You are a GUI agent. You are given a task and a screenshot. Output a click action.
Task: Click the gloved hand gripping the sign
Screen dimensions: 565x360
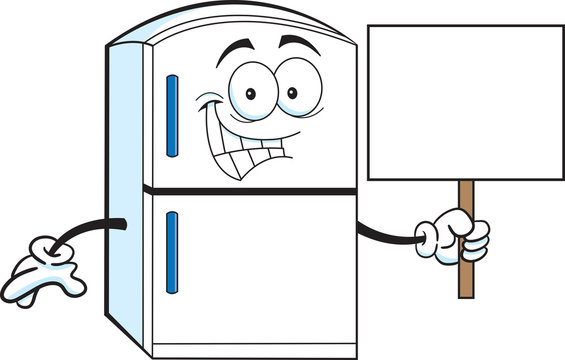tap(458, 234)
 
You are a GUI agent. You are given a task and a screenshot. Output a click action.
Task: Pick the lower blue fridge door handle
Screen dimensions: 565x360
tap(171, 251)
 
